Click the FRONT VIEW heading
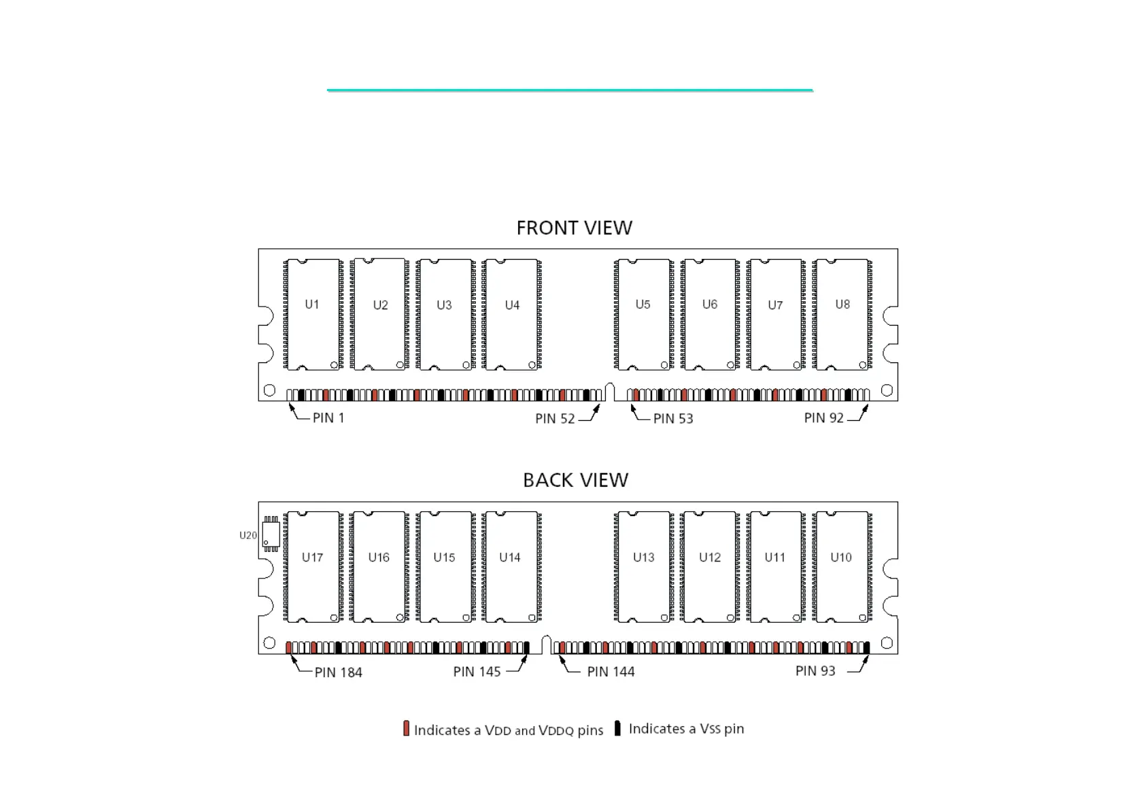574,228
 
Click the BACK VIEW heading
575,480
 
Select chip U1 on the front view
312,314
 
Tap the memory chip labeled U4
512,314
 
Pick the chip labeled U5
643,314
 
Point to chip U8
842,314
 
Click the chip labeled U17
312,566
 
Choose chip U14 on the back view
510,566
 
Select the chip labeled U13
643,566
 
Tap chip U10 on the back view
841,566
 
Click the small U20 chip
271,534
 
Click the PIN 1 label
328,418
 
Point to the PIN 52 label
555,419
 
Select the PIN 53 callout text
673,419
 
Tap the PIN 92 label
823,418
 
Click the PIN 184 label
338,672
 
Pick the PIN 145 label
477,672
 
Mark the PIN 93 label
815,671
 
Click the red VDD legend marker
406,729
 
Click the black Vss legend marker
617,728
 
